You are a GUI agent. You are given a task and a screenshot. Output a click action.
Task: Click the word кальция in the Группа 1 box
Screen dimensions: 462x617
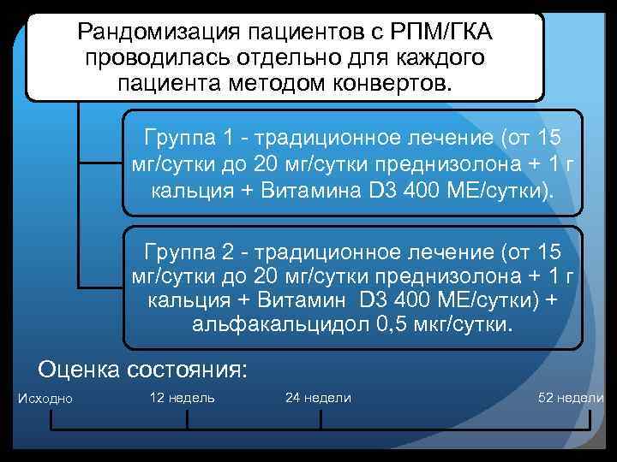[x=183, y=187]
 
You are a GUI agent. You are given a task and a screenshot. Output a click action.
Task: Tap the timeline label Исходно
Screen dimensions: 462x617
[x=45, y=399]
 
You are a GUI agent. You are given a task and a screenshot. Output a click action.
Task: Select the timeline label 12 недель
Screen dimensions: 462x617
[x=182, y=398]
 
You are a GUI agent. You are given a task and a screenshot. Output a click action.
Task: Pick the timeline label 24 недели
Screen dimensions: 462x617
[x=318, y=398]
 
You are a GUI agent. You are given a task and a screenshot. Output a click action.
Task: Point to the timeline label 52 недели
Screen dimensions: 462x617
[x=570, y=398]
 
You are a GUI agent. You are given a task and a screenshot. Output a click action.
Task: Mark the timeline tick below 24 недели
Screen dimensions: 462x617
[x=320, y=421]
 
